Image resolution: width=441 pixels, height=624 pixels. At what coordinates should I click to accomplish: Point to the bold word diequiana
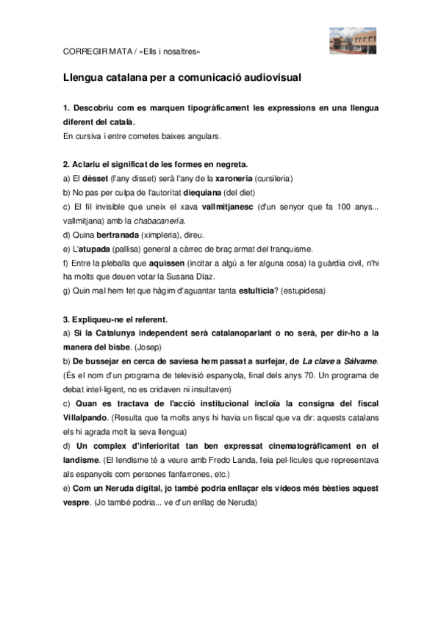click(202, 193)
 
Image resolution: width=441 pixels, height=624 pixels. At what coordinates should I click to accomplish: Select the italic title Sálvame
click(356, 361)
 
